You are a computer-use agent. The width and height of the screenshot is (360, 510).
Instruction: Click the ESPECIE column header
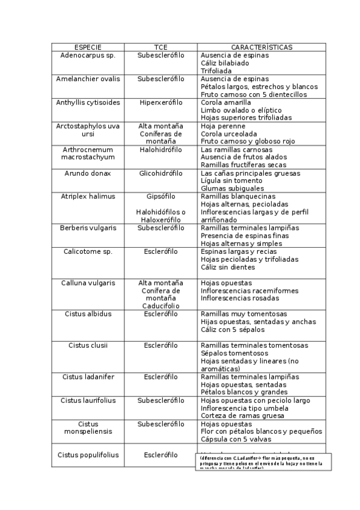point(88,47)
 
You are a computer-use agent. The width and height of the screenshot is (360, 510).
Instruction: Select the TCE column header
point(160,47)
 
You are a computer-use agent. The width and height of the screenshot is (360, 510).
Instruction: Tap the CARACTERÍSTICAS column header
point(261,47)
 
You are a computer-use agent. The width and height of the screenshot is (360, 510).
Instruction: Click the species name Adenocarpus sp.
point(88,55)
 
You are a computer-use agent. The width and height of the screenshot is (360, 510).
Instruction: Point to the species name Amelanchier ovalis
point(88,79)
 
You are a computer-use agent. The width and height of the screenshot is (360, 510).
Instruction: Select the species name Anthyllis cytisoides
point(88,102)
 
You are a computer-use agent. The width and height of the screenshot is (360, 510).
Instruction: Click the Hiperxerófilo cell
point(160,102)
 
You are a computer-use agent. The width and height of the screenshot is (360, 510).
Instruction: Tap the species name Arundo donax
point(88,173)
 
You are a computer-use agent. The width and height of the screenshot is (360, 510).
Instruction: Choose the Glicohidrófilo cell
point(160,173)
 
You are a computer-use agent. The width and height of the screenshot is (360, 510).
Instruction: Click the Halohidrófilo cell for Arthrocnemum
point(160,149)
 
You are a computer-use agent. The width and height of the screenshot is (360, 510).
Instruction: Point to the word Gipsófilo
point(160,196)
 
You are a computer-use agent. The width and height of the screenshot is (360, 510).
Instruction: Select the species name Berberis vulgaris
point(88,228)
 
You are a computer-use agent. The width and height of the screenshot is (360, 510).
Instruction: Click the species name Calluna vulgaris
point(88,283)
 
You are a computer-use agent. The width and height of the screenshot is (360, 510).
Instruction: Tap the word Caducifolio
point(160,306)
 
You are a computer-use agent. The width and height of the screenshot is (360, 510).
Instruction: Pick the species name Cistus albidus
point(88,313)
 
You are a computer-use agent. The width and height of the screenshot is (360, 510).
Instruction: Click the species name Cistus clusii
point(88,345)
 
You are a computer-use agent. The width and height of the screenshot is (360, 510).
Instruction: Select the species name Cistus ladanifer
point(88,376)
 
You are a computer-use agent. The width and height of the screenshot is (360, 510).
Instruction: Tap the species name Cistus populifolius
point(88,455)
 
